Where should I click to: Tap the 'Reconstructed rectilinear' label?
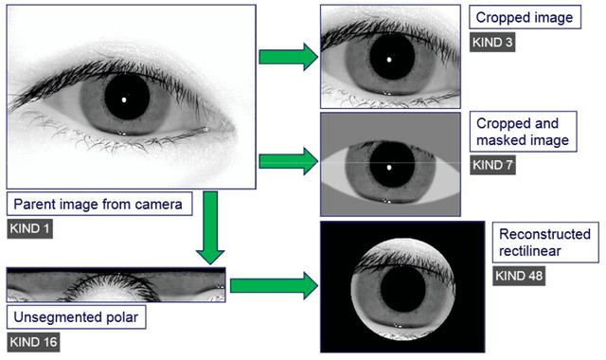click(544, 243)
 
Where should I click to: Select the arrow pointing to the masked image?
click(288, 159)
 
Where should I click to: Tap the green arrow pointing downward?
click(212, 228)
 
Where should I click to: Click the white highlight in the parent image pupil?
click(124, 98)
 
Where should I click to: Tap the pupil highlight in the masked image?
click(388, 167)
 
